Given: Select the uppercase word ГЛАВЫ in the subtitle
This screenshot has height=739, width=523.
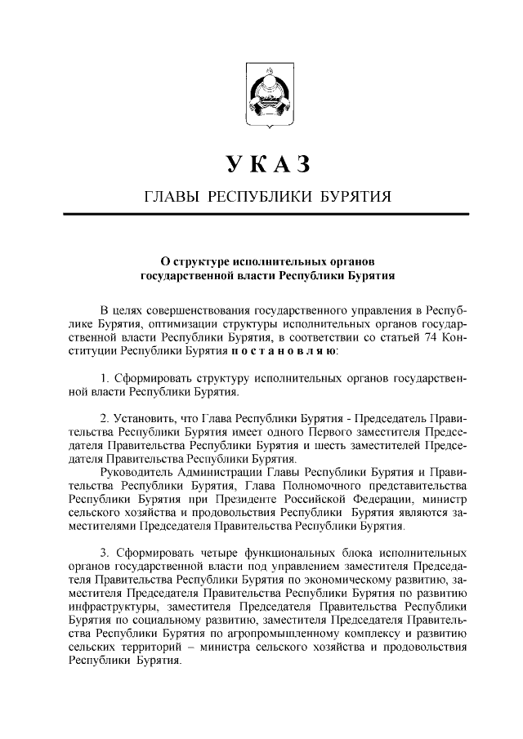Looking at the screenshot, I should point(171,197).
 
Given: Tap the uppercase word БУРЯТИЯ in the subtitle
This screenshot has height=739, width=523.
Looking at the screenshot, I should point(352,197).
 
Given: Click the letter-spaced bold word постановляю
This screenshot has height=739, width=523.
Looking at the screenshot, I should point(276,352).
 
